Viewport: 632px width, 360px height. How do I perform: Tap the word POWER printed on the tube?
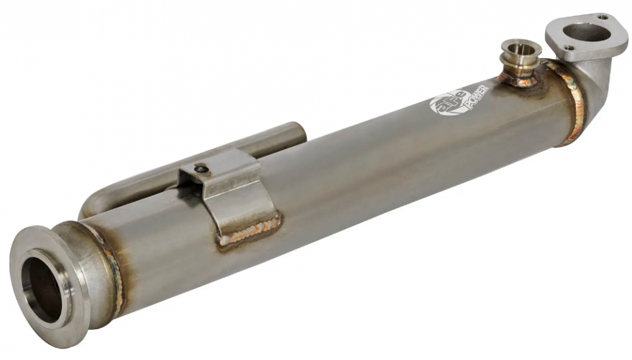pyautogui.click(x=477, y=97)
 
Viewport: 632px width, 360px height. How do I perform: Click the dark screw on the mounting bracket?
pyautogui.click(x=201, y=169)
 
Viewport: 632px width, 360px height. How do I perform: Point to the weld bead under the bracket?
pyautogui.click(x=249, y=232)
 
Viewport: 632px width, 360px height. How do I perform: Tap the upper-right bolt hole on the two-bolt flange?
pyautogui.click(x=602, y=17)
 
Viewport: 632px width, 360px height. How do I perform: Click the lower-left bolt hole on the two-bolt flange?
pyautogui.click(x=569, y=47)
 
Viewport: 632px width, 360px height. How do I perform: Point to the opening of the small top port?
pyautogui.click(x=521, y=49)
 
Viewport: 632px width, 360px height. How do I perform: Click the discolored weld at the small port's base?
pyautogui.click(x=520, y=80)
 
